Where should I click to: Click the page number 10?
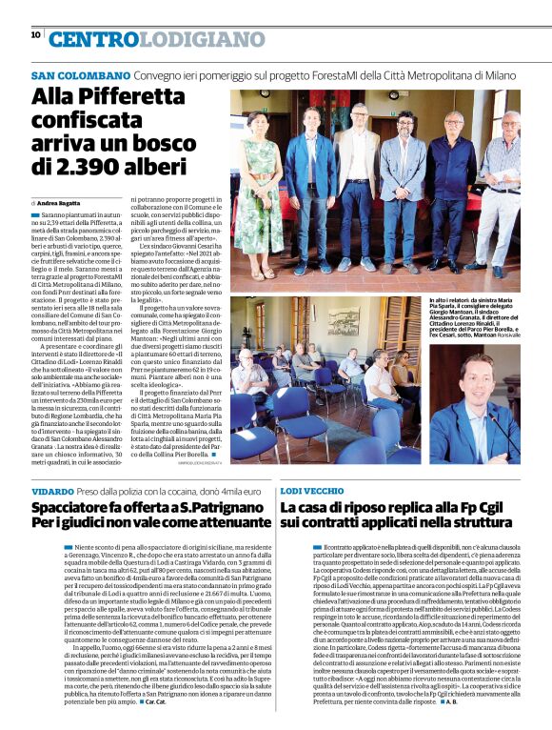pos(35,34)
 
